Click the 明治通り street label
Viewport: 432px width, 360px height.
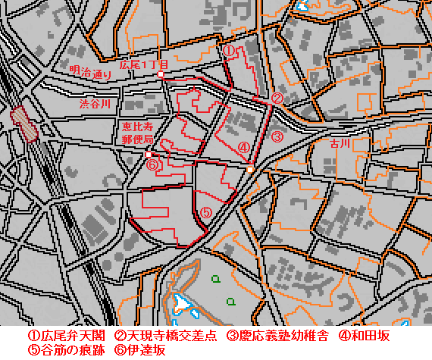pos(90,74)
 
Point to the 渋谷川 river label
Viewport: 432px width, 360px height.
pos(95,103)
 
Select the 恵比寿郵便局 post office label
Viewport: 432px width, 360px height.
pos(138,133)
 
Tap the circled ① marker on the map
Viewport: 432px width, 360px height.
pos(228,51)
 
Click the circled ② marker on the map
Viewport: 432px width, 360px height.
pos(277,99)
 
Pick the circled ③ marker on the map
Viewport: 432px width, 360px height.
pos(277,137)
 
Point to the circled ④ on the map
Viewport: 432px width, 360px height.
pos(243,148)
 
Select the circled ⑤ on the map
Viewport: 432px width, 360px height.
pos(205,213)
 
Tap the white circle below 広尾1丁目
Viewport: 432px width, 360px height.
pos(161,75)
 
